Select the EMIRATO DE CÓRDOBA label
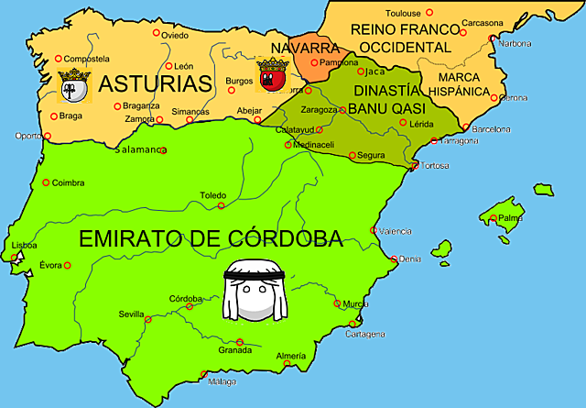tap(211, 238)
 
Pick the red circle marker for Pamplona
tap(313, 62)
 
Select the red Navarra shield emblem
tap(272, 75)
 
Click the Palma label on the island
tap(510, 218)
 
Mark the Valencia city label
tap(396, 231)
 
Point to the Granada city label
tap(235, 350)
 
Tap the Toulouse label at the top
tap(403, 13)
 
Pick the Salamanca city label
tap(140, 149)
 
